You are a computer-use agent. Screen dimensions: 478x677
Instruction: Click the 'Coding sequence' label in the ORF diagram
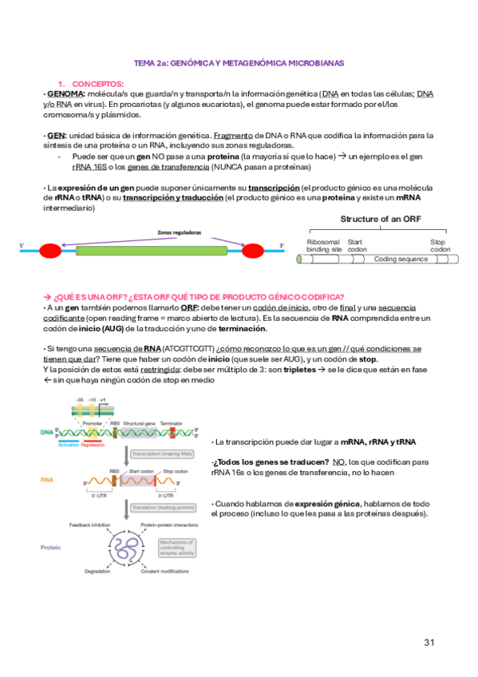pos(401,259)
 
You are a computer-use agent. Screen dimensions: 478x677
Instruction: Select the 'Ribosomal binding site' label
pos(323,245)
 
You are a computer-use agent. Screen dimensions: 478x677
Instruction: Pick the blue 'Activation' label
pos(69,444)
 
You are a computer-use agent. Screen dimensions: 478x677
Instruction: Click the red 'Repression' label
pos(93,444)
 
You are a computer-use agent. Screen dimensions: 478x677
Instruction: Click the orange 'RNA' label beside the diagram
pos(47,481)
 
